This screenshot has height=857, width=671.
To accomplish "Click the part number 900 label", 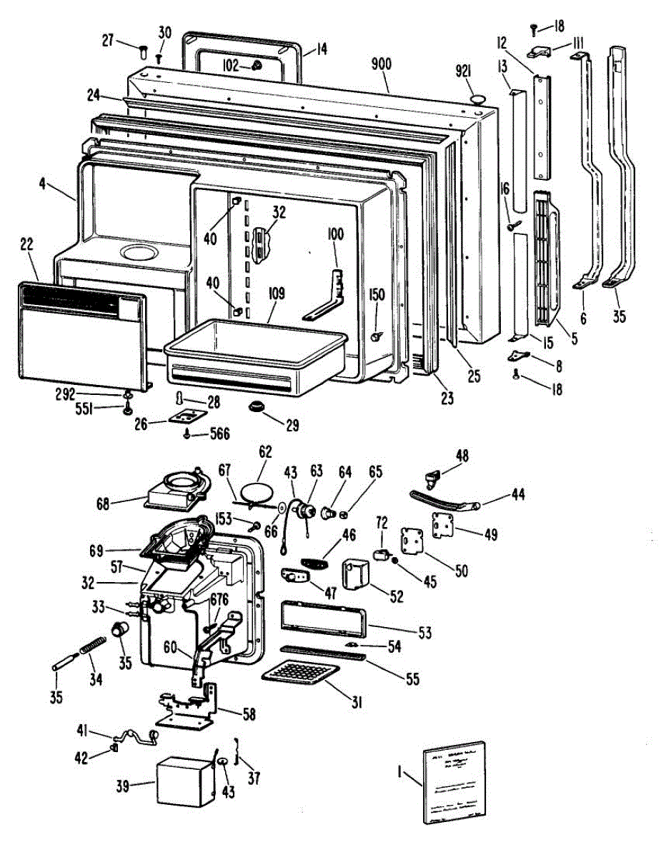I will pyautogui.click(x=382, y=64).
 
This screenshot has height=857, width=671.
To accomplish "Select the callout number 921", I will pyautogui.click(x=467, y=72).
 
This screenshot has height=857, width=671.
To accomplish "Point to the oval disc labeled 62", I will pyautogui.click(x=256, y=493).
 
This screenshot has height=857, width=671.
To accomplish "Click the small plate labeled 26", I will pyautogui.click(x=186, y=419).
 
